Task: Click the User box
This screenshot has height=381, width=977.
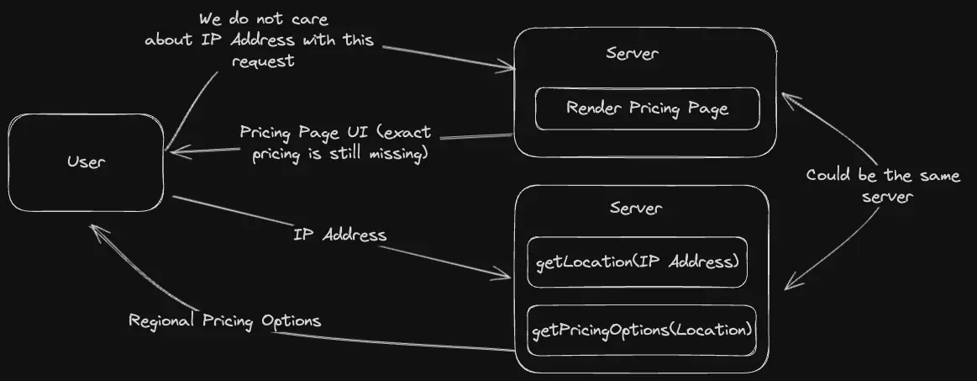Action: [87, 162]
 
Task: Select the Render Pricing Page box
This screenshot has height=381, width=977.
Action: [647, 108]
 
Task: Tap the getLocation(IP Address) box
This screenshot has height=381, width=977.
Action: [637, 262]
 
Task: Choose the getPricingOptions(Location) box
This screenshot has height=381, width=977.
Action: [640, 330]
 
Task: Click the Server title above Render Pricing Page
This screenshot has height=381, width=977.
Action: [632, 54]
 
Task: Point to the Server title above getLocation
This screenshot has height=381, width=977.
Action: [635, 208]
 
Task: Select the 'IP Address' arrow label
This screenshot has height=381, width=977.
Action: [339, 235]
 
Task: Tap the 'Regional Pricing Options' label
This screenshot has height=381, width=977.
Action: [224, 321]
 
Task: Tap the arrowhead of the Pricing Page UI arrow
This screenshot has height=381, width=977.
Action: [171, 151]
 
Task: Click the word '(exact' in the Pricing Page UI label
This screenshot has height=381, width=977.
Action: [402, 134]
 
